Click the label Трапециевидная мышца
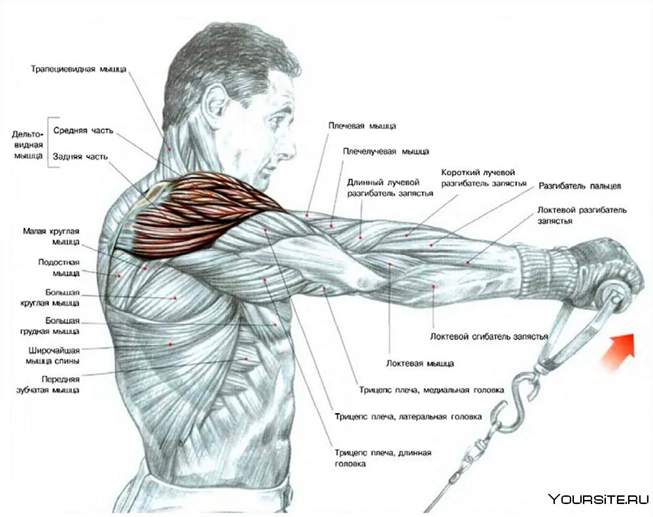[x=79, y=69]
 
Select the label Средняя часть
[x=83, y=131]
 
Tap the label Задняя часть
[x=80, y=157]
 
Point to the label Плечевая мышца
[x=362, y=125]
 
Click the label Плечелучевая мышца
[x=385, y=152]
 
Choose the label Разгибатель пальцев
[x=580, y=186]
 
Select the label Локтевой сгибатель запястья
[x=489, y=337]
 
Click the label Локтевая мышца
[x=420, y=363]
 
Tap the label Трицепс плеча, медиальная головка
[x=431, y=390]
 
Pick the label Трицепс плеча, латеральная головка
[x=408, y=416]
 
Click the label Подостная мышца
[x=59, y=268]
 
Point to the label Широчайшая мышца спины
[x=53, y=356]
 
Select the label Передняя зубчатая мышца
[x=48, y=385]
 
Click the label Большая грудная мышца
[x=50, y=326]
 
